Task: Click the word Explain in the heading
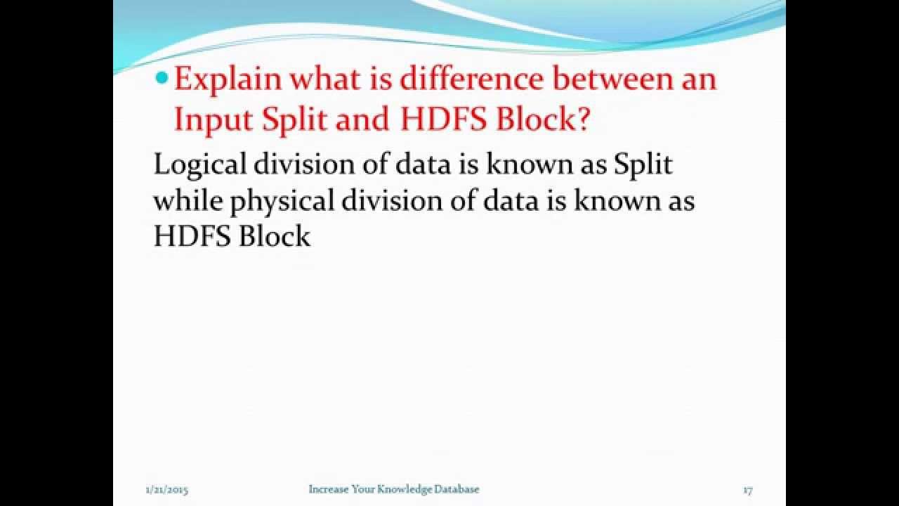pos(228,79)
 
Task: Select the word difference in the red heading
pos(471,79)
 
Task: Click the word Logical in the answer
pos(199,164)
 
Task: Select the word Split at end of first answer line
pos(643,164)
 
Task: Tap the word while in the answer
pos(188,201)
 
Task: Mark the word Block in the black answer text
pos(274,237)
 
